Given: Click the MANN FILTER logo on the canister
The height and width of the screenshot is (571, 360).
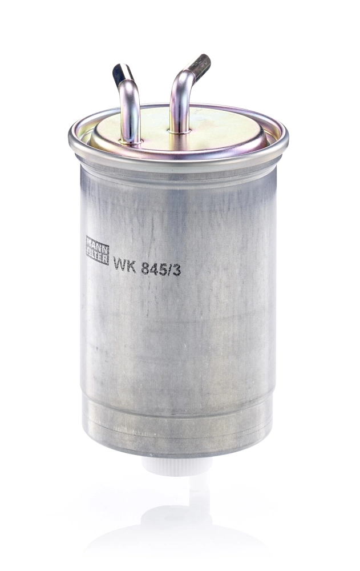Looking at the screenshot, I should tap(97, 251).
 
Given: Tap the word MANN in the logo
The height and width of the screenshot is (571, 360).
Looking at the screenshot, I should tap(97, 244).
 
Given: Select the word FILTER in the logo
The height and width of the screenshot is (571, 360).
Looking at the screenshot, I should tap(97, 257).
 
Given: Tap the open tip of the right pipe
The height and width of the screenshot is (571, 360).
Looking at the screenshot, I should tap(201, 62).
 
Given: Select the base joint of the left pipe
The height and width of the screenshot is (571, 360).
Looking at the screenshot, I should tap(131, 140).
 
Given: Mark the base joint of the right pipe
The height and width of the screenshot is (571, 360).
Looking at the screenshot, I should tap(180, 130).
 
